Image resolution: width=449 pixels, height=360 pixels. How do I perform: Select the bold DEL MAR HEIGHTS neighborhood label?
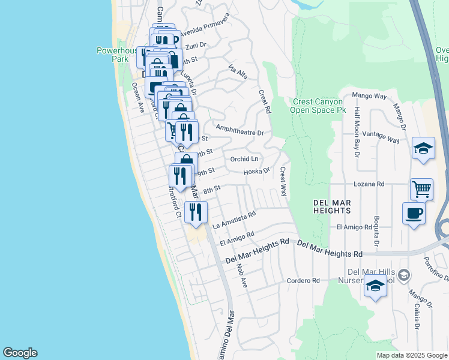pyautogui.click(x=332, y=207)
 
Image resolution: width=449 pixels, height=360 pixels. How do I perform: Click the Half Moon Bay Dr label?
pyautogui.click(x=357, y=131)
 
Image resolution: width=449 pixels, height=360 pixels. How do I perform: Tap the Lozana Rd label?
pyautogui.click(x=369, y=184)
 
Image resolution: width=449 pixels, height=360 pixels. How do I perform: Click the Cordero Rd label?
pyautogui.click(x=303, y=280)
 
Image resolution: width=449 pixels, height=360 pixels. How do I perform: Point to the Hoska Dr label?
pyautogui.click(x=258, y=172)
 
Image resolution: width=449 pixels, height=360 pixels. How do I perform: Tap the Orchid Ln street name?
pyautogui.click(x=244, y=159)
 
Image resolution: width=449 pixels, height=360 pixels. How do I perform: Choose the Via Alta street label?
pyautogui.click(x=238, y=73)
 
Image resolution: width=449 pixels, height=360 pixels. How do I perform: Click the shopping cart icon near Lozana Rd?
pyautogui.click(x=421, y=189)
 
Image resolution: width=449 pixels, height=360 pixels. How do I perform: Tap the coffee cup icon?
pyautogui.click(x=414, y=213)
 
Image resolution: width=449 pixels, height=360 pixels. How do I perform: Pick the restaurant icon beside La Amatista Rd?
pyautogui.click(x=196, y=211)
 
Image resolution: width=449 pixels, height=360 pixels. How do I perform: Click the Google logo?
pyautogui.click(x=20, y=353)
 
